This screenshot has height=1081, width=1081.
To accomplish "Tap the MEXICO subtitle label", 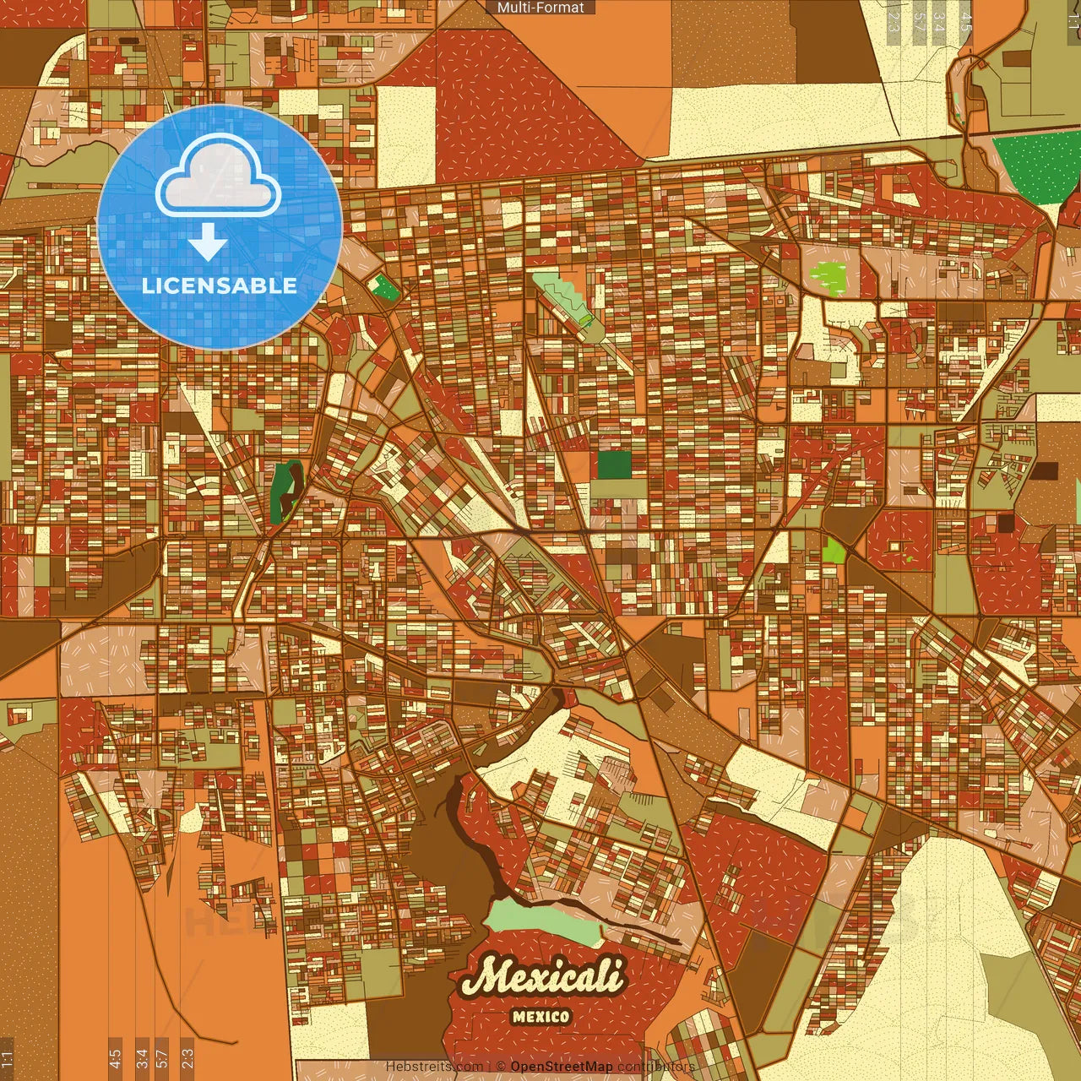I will pyautogui.click(x=540, y=1017).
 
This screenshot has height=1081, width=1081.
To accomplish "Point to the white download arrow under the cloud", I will pyautogui.click(x=208, y=243).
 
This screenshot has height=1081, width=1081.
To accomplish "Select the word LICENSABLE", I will pyautogui.click(x=220, y=285).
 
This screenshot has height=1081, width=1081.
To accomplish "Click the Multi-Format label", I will pyautogui.click(x=540, y=8).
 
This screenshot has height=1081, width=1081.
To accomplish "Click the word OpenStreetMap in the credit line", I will pyautogui.click(x=562, y=1067).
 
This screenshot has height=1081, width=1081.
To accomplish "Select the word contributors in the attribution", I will pyautogui.click(x=656, y=1067).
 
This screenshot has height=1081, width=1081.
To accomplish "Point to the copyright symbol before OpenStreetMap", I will pyautogui.click(x=501, y=1067).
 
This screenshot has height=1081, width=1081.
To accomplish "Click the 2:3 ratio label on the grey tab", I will pyautogui.click(x=894, y=22).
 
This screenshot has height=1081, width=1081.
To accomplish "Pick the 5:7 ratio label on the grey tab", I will pyautogui.click(x=919, y=22).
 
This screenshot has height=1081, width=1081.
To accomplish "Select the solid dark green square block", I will pyautogui.click(x=614, y=464).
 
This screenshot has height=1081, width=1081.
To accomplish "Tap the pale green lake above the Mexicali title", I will pyautogui.click(x=545, y=921).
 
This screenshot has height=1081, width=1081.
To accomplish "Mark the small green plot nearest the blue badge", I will pyautogui.click(x=385, y=287).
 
